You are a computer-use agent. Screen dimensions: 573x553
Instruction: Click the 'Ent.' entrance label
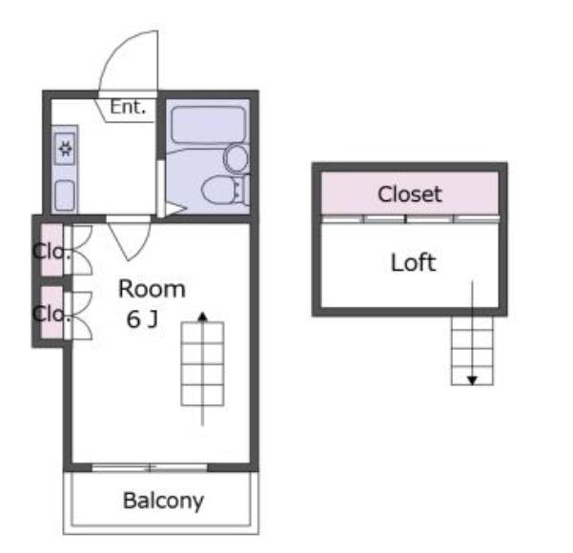coord(128,107)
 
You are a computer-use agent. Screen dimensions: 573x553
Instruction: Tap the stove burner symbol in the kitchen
coord(65,149)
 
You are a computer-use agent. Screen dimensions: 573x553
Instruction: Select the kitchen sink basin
coord(65,195)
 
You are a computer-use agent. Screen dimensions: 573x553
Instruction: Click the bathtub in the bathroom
coord(208,125)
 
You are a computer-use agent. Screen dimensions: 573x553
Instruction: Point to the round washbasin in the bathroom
coord(235,158)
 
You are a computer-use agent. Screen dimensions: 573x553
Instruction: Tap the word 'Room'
coord(152,289)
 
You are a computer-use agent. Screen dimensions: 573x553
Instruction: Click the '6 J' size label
coord(142,318)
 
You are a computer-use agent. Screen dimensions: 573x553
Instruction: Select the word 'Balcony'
coord(163,501)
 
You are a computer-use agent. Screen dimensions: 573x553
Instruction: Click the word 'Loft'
coord(413,262)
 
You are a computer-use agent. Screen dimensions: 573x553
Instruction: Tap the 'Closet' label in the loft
coord(409,195)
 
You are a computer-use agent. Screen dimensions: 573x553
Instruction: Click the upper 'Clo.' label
coord(51,252)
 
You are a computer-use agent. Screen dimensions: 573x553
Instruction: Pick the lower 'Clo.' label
coord(51,314)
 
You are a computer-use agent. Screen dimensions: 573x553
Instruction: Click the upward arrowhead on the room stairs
coord(202,317)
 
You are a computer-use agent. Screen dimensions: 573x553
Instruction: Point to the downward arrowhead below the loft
coord(472,380)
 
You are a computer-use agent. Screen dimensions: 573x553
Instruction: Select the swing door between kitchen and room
coord(129,239)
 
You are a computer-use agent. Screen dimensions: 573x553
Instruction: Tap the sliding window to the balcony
coord(150,467)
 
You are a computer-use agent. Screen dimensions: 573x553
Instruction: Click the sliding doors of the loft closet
coord(410,218)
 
